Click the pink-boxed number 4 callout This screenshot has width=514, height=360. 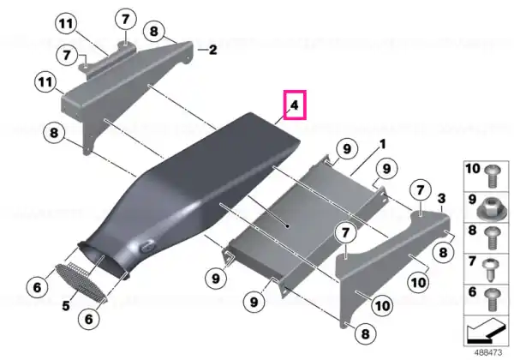[x=295, y=105]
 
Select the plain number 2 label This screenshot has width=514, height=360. [x=212, y=50]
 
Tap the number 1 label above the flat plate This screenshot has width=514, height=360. [x=382, y=144]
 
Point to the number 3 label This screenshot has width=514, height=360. [x=441, y=198]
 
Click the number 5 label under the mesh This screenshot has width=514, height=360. [x=66, y=306]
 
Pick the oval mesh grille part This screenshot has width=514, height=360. [x=81, y=282]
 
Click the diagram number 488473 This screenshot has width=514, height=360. [x=488, y=352]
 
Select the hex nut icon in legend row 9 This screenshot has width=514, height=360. [x=487, y=209]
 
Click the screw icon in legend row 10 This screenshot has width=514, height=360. [x=491, y=176]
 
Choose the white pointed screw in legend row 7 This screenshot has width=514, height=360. [x=490, y=270]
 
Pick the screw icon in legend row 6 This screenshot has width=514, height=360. [x=492, y=299]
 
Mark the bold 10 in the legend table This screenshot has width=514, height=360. [x=473, y=169]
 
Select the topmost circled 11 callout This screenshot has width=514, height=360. [x=66, y=24]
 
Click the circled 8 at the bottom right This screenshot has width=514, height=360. [x=365, y=334]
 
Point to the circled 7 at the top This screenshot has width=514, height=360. [x=126, y=19]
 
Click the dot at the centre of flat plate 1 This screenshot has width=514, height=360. [x=287, y=226]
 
